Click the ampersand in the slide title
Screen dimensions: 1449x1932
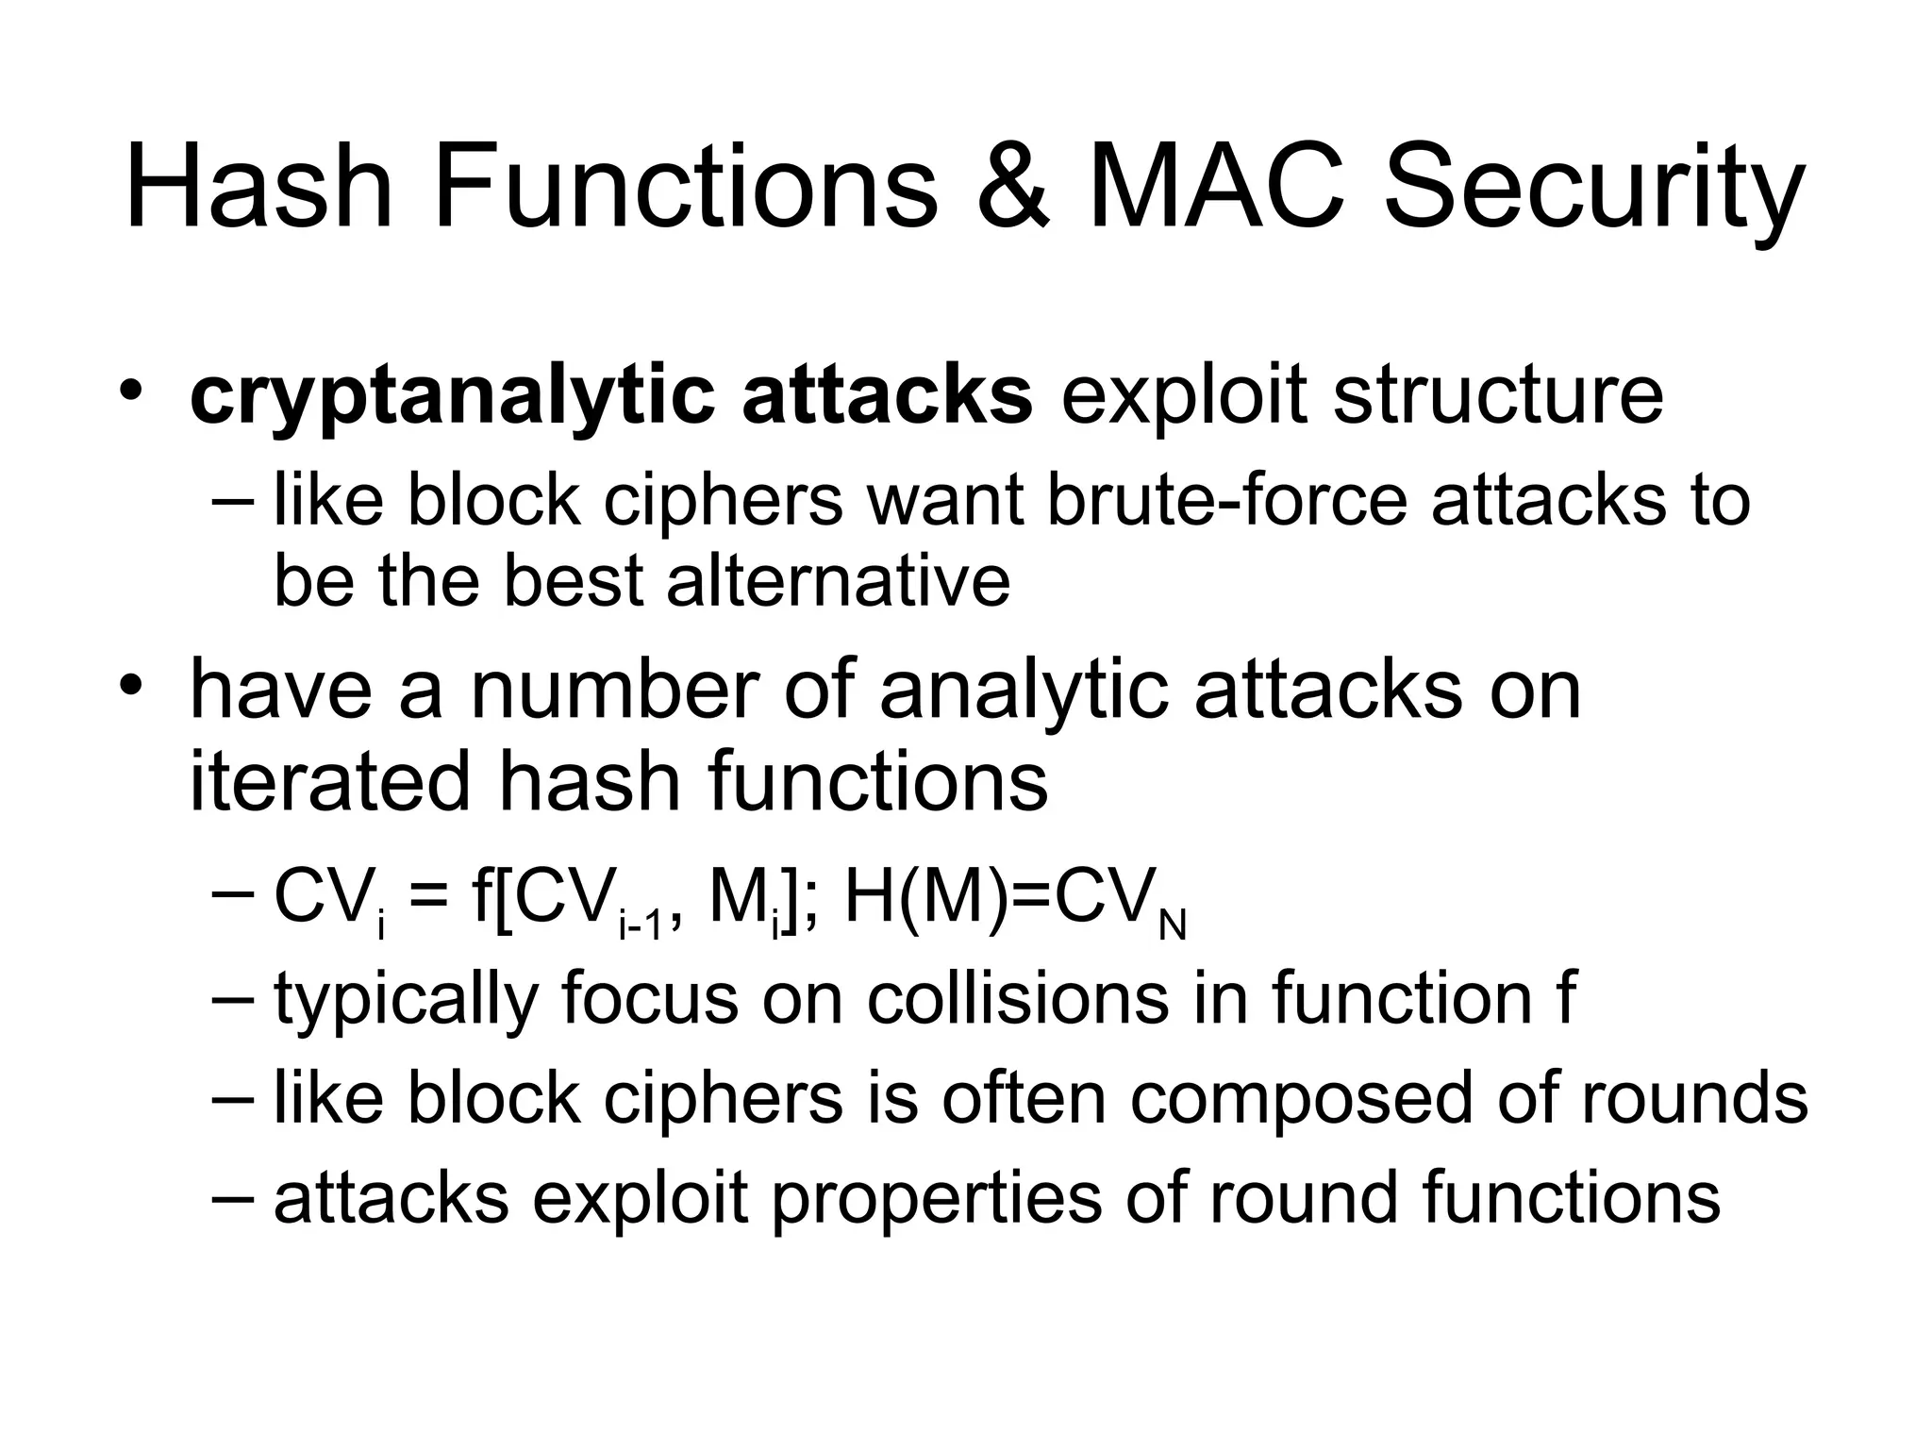(1013, 187)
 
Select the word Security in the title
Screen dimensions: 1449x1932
(1594, 189)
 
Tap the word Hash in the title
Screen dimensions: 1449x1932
(258, 187)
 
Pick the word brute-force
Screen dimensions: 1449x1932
(1226, 501)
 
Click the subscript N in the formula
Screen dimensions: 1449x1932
(1172, 927)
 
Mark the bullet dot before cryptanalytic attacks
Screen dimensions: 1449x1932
(133, 390)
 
